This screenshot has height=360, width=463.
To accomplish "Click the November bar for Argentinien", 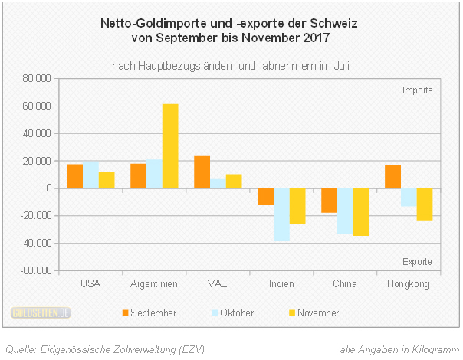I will [170, 146].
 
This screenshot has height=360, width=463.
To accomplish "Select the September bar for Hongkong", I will [392, 176].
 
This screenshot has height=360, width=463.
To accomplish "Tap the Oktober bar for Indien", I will [281, 214].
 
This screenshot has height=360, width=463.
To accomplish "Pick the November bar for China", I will [361, 212].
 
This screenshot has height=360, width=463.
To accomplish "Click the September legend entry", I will [149, 313].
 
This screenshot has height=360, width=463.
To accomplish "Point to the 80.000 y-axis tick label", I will [37, 78].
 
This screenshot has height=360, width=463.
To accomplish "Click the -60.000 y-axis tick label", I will [35, 271].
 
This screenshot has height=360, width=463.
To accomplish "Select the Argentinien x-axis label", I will [154, 284].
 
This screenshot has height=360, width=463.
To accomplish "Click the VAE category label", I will [218, 284].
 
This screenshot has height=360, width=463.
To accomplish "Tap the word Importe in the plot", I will [418, 90].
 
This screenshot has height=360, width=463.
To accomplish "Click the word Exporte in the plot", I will [418, 262].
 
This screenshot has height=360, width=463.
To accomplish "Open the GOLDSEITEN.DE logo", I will [41, 313].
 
